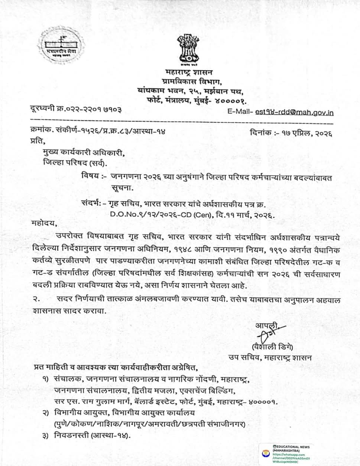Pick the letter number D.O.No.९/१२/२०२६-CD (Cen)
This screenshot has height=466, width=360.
[x=169, y=215]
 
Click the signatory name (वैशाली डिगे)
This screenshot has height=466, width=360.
[x=272, y=347]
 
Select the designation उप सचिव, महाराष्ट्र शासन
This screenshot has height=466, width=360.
[x=270, y=357]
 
